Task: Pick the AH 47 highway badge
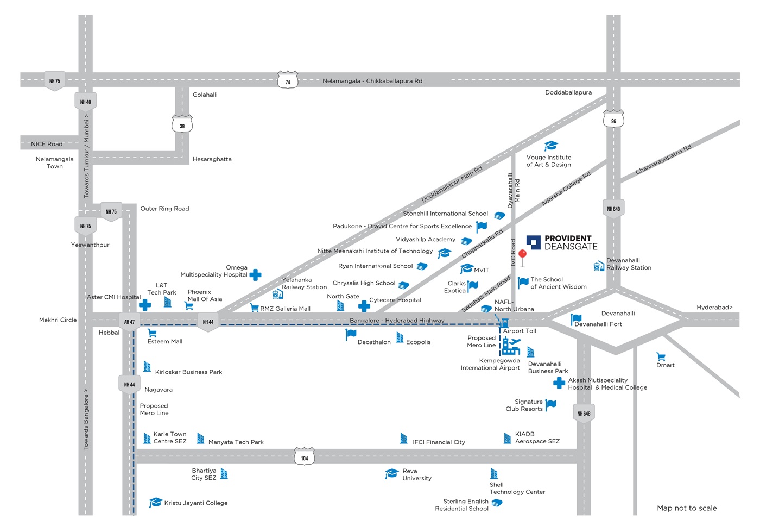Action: pyautogui.click(x=129, y=321)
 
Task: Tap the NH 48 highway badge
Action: pyautogui.click(x=86, y=101)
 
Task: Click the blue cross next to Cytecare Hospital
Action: pyautogui.click(x=364, y=306)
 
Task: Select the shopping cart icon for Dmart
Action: pyautogui.click(x=661, y=356)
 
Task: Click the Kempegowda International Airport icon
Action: pyautogui.click(x=511, y=346)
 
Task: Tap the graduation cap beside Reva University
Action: pyautogui.click(x=391, y=473)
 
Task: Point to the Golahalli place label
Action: pyautogui.click(x=205, y=95)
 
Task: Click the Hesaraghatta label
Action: pyautogui.click(x=212, y=159)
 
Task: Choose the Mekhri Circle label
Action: pyautogui.click(x=58, y=320)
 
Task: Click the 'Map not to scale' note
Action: pyautogui.click(x=687, y=508)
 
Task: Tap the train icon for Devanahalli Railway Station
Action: pyautogui.click(x=599, y=266)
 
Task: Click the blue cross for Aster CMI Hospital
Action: pyautogui.click(x=145, y=305)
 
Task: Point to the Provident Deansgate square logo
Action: pyautogui.click(x=533, y=242)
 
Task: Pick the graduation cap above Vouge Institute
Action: pyautogui.click(x=551, y=146)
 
